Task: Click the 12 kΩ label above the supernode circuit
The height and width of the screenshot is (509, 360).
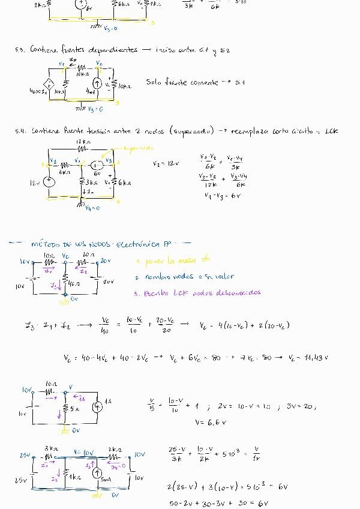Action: (82, 141)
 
